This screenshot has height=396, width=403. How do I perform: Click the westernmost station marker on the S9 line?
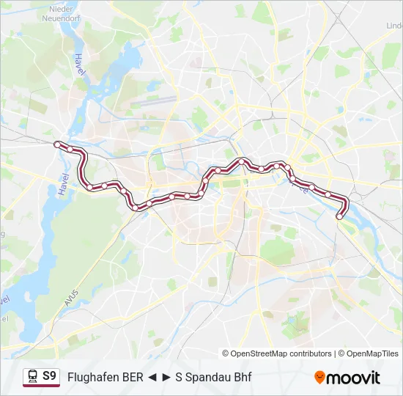57,144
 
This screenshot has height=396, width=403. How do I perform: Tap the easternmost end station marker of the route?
339,216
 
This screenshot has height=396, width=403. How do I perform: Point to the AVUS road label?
71,297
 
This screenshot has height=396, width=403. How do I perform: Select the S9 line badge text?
49,377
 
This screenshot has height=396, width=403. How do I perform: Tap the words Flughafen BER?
104,378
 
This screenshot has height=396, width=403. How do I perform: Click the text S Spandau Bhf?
212,378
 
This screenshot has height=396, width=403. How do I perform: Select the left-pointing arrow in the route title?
150,378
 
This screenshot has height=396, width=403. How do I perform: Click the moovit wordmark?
353,378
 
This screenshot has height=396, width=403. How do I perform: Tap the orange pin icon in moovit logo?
319,378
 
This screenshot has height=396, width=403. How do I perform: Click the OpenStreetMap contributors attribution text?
281,353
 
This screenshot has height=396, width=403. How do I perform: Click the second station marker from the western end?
70,149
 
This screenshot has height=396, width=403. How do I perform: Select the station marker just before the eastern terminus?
328,194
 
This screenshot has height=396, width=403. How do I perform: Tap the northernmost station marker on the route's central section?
241,161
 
